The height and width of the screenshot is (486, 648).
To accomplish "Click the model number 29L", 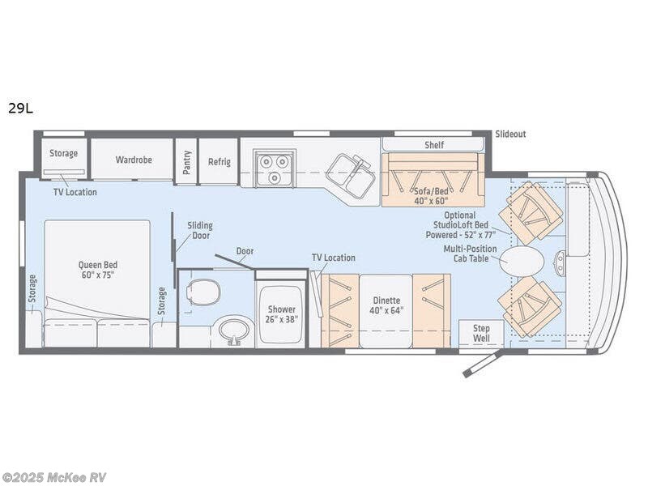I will tap(20, 108).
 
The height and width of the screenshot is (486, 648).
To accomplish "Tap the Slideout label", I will tap(510, 134).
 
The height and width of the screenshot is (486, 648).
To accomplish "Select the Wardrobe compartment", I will tap(133, 160).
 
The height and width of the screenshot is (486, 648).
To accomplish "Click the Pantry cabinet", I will tap(187, 160).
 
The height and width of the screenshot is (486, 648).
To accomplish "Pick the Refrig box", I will tap(219, 161).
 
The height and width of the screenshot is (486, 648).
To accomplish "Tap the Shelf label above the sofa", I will tap(434, 145).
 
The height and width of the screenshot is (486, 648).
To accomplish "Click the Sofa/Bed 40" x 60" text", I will tap(431, 194).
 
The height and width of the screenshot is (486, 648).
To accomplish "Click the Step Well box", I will tap(481, 331).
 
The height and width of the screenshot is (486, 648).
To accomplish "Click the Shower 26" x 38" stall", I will tap(283, 314).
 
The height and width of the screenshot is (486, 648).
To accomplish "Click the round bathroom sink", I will tap(236, 330).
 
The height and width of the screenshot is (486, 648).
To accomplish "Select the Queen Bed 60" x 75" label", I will tap(96, 269).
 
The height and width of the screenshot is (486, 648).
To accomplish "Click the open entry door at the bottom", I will tap(483, 364).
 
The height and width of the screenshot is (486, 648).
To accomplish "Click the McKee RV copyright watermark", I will tap(55, 477).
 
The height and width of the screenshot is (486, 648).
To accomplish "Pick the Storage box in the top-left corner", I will tap(63, 153).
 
